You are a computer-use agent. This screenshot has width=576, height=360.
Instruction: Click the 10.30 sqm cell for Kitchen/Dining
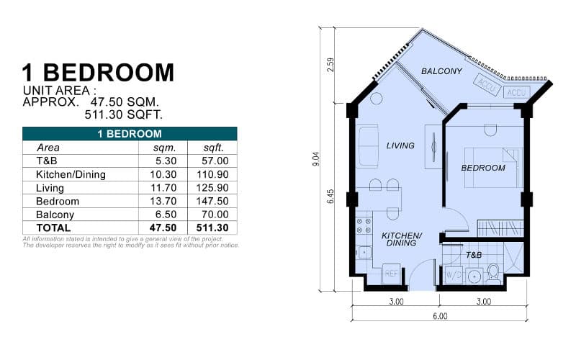[x=159, y=174]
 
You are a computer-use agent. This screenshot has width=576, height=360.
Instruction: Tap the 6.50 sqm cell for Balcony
[x=159, y=215]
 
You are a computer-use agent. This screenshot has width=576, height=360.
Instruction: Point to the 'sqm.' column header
[x=159, y=148]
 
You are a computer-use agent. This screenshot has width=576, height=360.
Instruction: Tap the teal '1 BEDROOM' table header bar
[x=130, y=134]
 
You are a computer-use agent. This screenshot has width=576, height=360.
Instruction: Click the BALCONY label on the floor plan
[x=441, y=71]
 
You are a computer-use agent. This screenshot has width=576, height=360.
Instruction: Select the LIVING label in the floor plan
[x=400, y=145]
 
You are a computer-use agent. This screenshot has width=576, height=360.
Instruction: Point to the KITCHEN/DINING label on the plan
[x=401, y=240]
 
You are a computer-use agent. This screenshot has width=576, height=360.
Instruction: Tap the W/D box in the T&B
[x=453, y=275]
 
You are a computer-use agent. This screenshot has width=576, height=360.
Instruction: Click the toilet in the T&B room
[x=494, y=273]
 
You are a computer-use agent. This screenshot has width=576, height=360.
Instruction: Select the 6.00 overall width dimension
[x=440, y=316]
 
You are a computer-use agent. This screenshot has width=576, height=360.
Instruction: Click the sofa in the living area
[x=368, y=145]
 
